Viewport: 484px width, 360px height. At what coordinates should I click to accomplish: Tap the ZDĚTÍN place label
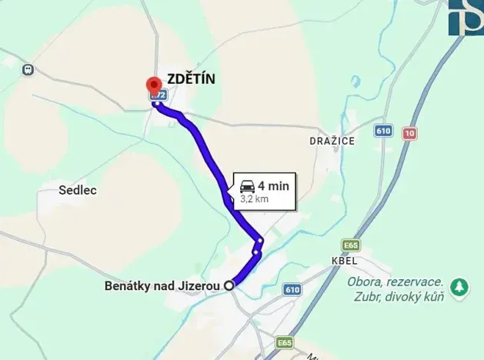pos(191,78)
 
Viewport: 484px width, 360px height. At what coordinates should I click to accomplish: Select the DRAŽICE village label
pos(332,142)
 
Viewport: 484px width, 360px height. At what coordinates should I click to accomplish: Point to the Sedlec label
pos(78,190)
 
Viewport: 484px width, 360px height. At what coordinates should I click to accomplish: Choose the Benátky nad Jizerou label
pos(162,286)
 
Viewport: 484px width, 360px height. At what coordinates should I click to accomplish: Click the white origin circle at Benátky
pos(229,285)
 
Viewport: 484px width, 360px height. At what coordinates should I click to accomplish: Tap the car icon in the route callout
pos(247,185)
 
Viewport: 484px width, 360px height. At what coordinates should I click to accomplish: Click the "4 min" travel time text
pos(272,185)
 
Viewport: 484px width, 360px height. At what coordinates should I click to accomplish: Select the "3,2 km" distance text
pos(254,198)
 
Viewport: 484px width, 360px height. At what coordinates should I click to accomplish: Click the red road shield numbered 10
pos(409,133)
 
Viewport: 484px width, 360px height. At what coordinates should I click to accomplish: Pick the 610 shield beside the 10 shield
pos(384,131)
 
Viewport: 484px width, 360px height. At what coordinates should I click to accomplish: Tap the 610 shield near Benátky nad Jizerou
pos(292,290)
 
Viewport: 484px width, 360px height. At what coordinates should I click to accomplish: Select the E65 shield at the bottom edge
pos(285,342)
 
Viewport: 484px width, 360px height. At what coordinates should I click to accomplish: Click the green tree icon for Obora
pos(459,287)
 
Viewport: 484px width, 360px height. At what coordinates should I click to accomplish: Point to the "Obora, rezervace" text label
pos(395,281)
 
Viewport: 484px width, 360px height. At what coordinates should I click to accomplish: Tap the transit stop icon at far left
pos(28,69)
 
